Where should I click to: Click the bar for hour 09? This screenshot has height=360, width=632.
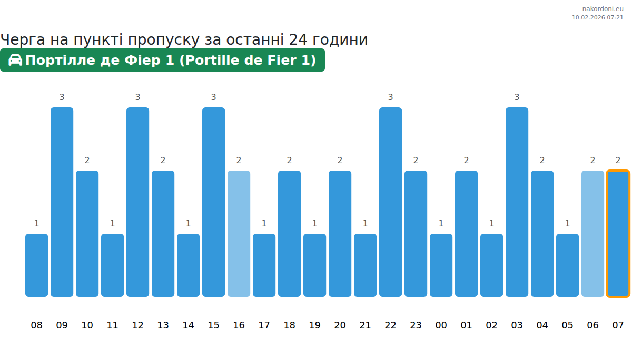coord(62,202)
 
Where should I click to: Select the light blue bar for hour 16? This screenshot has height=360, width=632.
coord(239,234)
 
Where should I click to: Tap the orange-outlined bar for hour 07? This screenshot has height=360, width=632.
coord(618,234)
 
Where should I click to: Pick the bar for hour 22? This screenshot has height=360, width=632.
coord(390,202)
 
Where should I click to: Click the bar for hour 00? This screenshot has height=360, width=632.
coord(441,265)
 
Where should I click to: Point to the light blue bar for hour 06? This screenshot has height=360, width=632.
coord(592,234)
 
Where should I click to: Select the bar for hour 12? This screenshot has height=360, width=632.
coord(137,202)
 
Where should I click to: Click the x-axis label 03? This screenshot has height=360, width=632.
coord(517,325)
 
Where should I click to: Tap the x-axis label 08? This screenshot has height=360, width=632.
coord(36,325)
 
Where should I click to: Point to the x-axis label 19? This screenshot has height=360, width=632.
coord(314,325)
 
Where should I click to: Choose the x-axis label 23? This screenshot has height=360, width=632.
coord(416,325)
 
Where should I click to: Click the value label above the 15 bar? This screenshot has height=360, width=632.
coord(213,97)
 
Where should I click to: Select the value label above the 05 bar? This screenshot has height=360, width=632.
coord(567,223)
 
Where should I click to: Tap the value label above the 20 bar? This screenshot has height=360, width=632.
coord(340,160)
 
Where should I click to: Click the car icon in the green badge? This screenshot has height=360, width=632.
coord(15,60)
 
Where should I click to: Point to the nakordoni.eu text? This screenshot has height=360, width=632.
coord(603,8)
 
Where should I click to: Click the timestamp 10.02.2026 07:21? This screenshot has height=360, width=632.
coord(597,17)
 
